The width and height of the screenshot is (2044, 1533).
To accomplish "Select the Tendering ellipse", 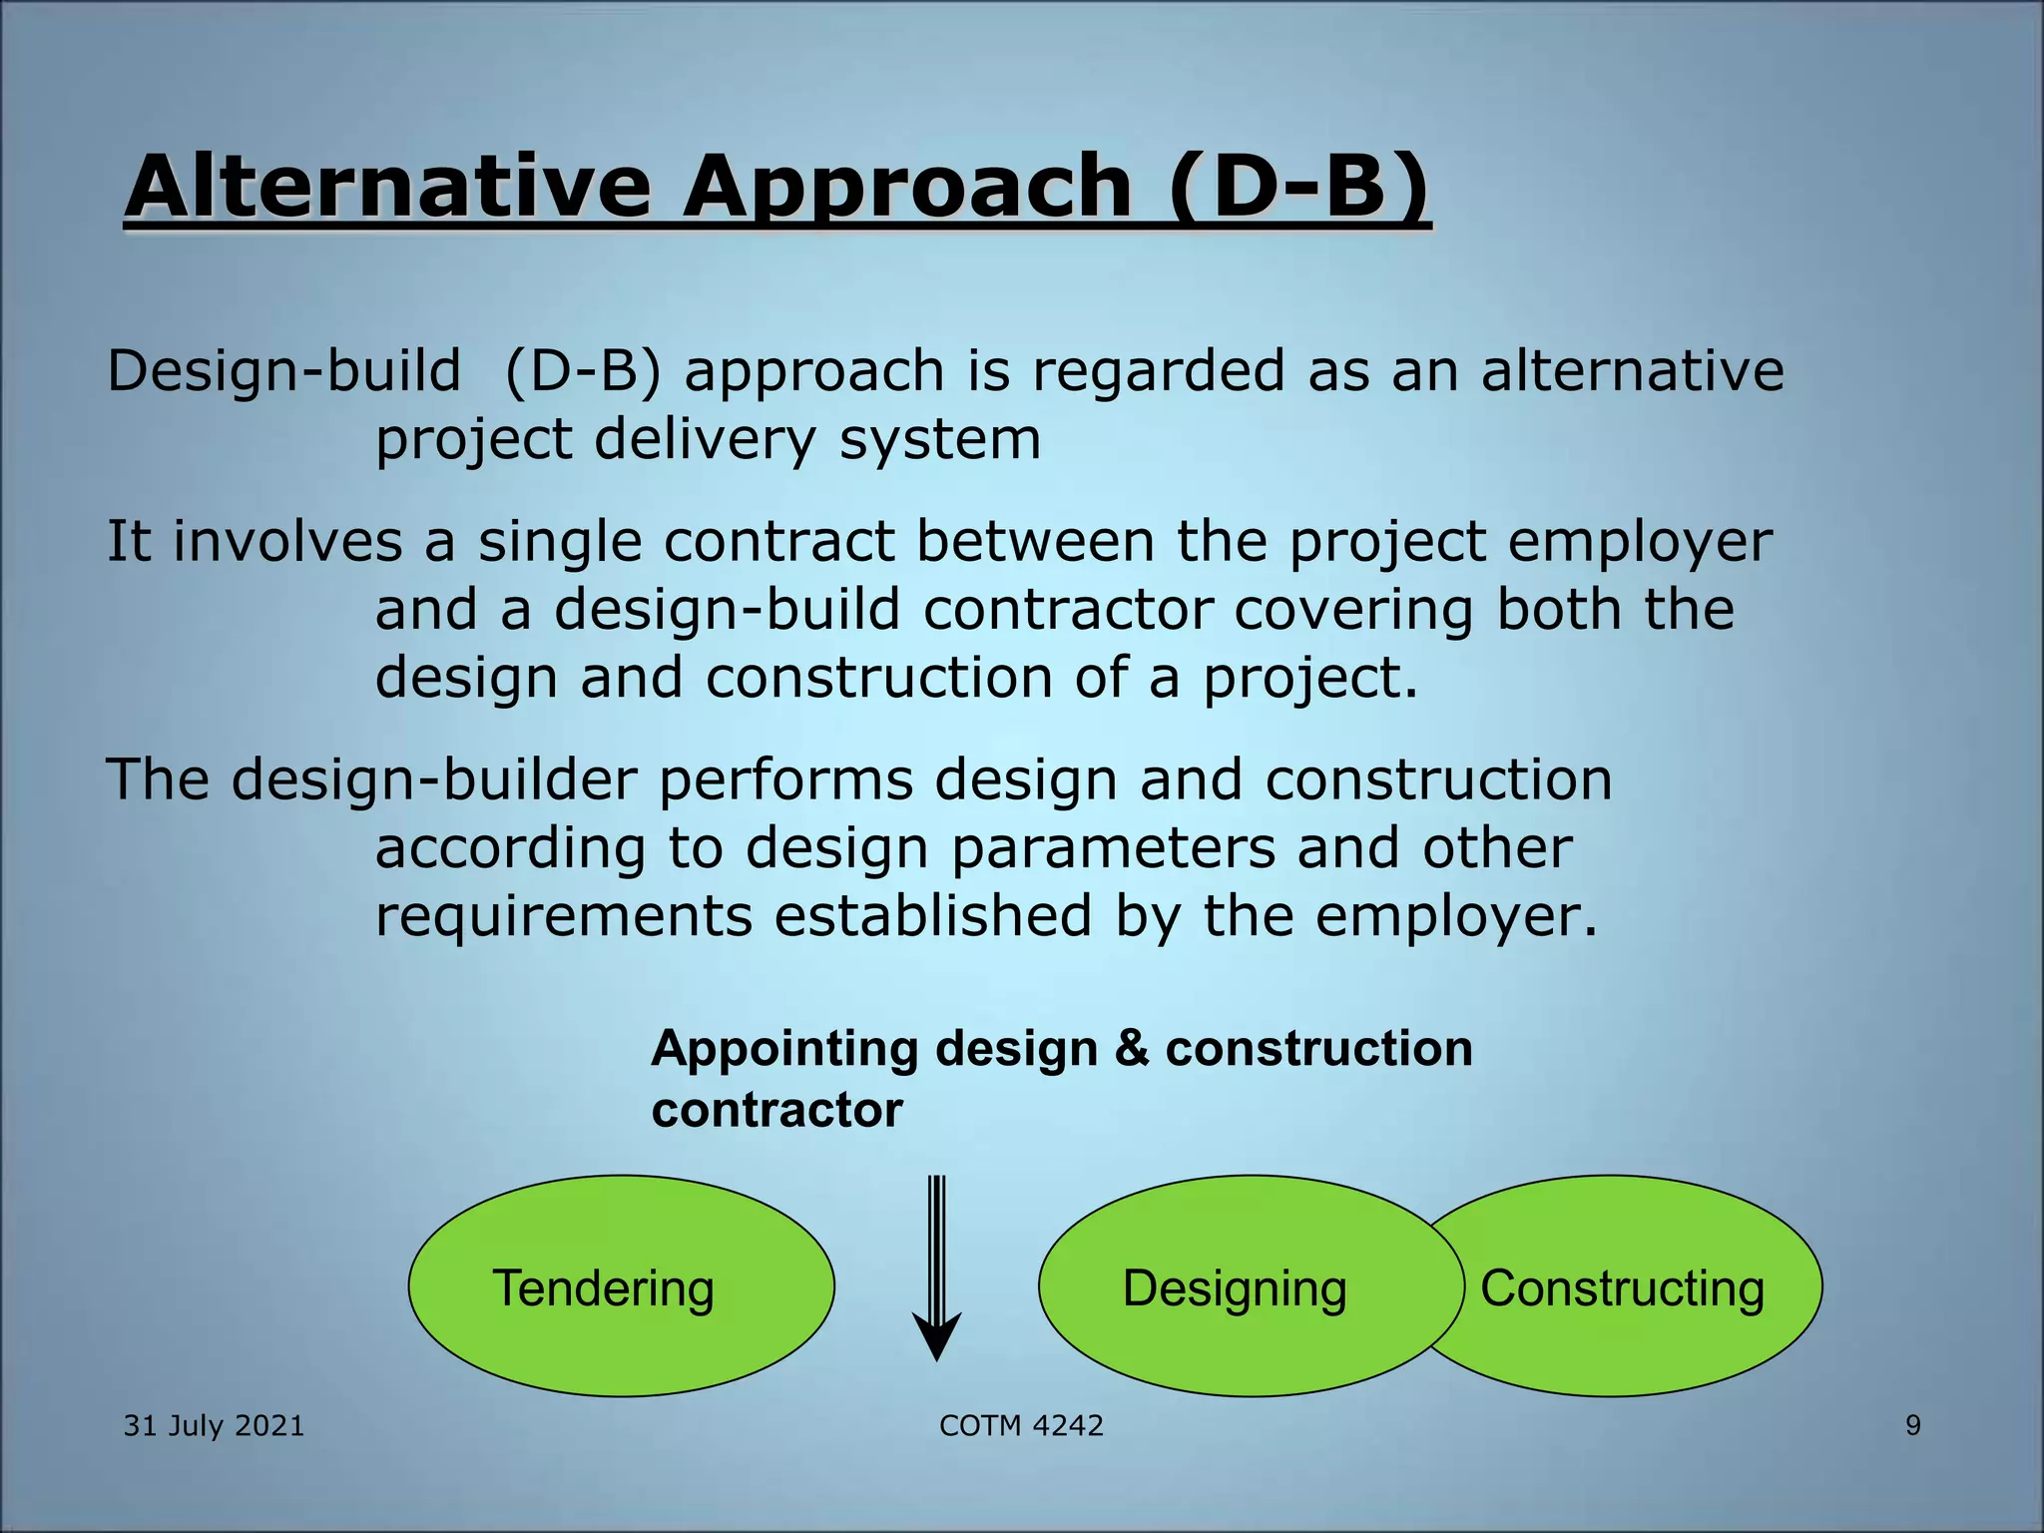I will [620, 1286].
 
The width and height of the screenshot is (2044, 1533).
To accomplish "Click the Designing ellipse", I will [1235, 1286].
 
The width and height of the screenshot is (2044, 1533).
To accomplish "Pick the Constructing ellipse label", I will [1622, 1287].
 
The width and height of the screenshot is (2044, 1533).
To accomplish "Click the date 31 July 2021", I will [214, 1425].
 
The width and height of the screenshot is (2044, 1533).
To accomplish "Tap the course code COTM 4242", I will [1021, 1425].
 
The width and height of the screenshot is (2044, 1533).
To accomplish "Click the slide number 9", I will [1912, 1425].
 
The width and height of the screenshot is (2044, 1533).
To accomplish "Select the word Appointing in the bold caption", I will [784, 1050].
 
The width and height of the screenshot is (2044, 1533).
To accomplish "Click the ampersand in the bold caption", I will [1132, 1049].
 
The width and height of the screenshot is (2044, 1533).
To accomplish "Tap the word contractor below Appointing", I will [776, 1110].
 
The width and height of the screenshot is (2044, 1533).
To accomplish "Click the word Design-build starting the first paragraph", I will [283, 371].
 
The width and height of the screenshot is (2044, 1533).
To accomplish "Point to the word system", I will [939, 439].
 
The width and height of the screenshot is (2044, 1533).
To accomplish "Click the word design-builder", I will [434, 779].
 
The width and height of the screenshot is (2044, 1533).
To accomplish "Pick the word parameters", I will [1112, 848].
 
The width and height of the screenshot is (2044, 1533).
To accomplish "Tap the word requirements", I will [563, 916].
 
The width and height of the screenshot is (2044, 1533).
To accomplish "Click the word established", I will [933, 916].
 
